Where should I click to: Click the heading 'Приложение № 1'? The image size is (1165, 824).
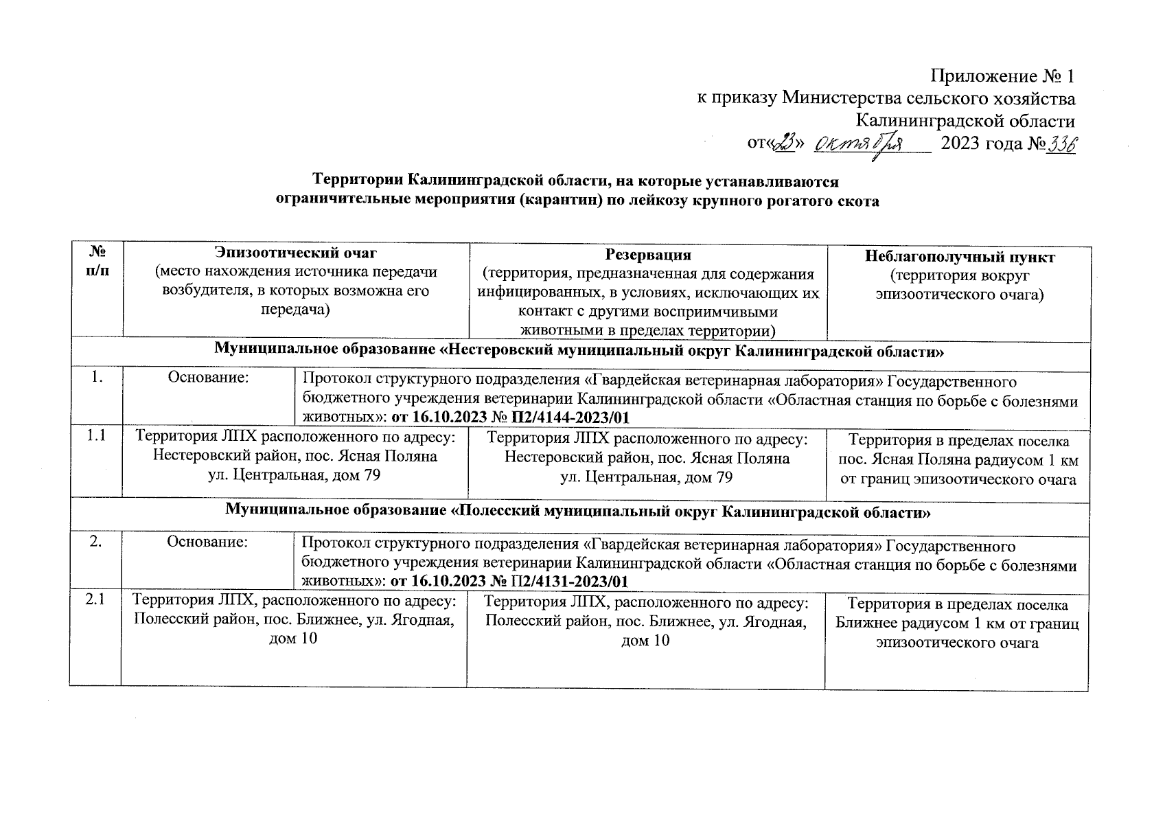coord(1002,76)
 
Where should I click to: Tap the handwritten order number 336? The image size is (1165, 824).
coord(1061,145)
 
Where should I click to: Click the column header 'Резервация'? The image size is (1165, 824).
coord(647,255)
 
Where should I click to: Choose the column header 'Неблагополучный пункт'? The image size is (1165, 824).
coord(959,257)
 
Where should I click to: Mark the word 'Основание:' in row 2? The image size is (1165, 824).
coord(207,542)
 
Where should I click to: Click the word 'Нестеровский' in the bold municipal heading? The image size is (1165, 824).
coord(499,352)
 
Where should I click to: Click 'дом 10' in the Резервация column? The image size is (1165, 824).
coord(645,640)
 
